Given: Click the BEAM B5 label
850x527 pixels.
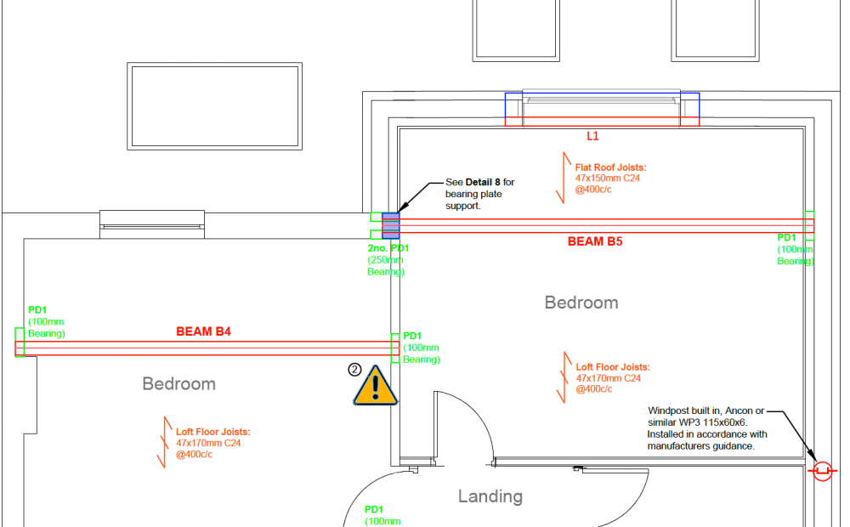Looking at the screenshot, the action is click(x=595, y=241).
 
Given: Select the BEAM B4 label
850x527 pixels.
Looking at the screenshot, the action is click(x=203, y=331).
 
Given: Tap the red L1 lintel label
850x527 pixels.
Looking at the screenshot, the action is click(x=592, y=136).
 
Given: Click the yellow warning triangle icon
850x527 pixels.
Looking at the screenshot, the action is click(x=375, y=386).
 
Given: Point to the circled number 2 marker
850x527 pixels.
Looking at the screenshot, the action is click(x=354, y=370).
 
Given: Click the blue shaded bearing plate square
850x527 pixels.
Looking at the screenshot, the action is click(x=391, y=225).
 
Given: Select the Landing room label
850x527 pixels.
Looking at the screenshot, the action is click(x=490, y=496).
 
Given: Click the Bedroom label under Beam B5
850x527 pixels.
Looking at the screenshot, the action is click(x=581, y=303).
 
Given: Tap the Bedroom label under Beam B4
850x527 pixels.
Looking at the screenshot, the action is click(x=178, y=384).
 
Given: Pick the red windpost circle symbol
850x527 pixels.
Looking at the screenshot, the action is click(x=822, y=471).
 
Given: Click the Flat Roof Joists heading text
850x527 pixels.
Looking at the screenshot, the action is click(x=611, y=167).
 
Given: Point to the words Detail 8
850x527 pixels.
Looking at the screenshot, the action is click(x=483, y=182).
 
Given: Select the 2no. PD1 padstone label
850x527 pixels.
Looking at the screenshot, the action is click(x=388, y=248).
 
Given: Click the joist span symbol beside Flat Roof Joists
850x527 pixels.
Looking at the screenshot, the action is click(x=564, y=178).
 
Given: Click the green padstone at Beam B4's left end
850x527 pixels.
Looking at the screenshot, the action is click(x=20, y=342).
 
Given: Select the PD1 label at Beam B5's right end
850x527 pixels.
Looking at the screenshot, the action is click(x=786, y=237).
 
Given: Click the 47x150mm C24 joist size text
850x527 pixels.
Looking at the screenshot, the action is click(x=607, y=178).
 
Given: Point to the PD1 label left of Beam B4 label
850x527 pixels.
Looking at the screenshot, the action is click(x=37, y=310).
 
